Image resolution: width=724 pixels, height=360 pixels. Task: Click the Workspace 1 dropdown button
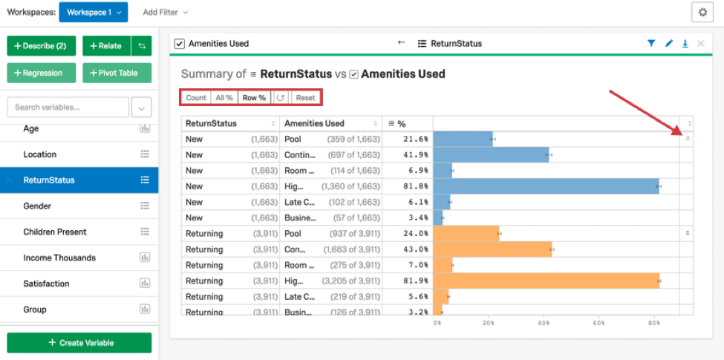(x=93, y=13)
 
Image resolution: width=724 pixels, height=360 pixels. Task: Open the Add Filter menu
(x=165, y=13)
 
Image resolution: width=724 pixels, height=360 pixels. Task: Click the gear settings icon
(x=702, y=13)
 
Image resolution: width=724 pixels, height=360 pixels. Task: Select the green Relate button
(x=105, y=46)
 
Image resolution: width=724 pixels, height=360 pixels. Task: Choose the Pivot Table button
(x=117, y=73)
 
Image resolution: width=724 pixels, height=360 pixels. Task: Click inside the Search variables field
(x=67, y=108)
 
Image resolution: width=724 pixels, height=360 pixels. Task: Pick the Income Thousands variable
(x=59, y=258)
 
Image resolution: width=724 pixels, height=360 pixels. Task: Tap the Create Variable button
(x=79, y=343)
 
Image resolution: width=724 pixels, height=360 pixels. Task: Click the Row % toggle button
(x=254, y=98)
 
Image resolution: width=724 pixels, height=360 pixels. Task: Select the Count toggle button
(x=196, y=98)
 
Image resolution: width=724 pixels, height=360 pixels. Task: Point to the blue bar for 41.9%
(x=490, y=155)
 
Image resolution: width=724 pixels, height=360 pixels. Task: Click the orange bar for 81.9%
(x=546, y=281)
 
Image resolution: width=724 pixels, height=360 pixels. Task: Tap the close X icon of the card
(x=701, y=44)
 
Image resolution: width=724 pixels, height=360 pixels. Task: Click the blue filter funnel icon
(x=651, y=44)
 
